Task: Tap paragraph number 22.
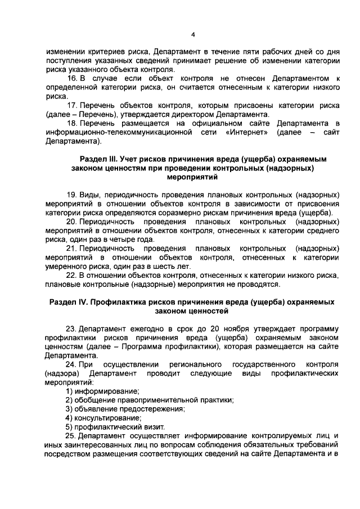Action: pyautogui.click(x=72, y=275)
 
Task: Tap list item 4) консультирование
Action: pyautogui.click(x=103, y=418)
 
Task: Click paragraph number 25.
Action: pyautogui.click(x=72, y=436)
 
